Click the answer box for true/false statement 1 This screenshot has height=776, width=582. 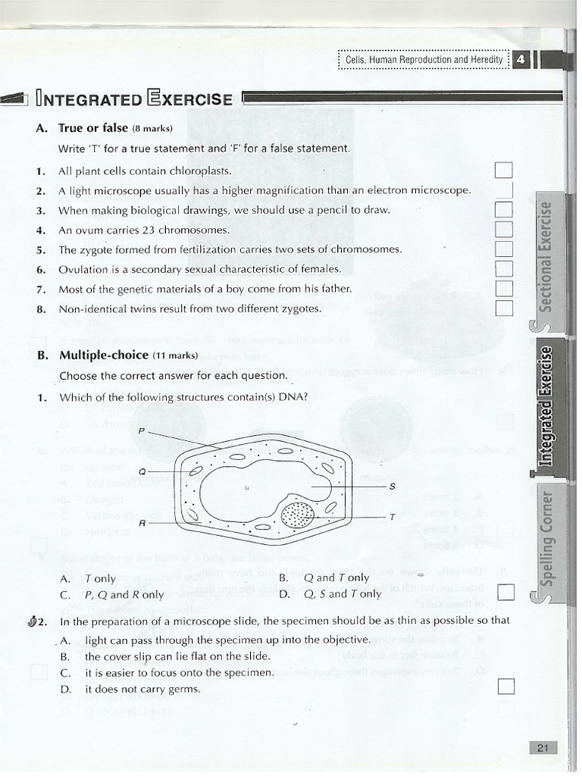click(504, 171)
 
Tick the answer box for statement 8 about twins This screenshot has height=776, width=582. click(504, 307)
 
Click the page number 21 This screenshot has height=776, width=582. click(542, 748)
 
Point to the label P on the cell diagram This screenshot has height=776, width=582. click(141, 430)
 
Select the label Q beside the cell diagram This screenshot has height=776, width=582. click(142, 472)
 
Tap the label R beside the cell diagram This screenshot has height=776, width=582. click(142, 523)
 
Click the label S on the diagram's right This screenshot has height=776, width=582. click(392, 486)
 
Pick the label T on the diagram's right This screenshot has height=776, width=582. click(392, 517)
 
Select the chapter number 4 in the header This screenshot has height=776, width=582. click(521, 60)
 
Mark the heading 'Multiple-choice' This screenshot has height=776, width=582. click(104, 355)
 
